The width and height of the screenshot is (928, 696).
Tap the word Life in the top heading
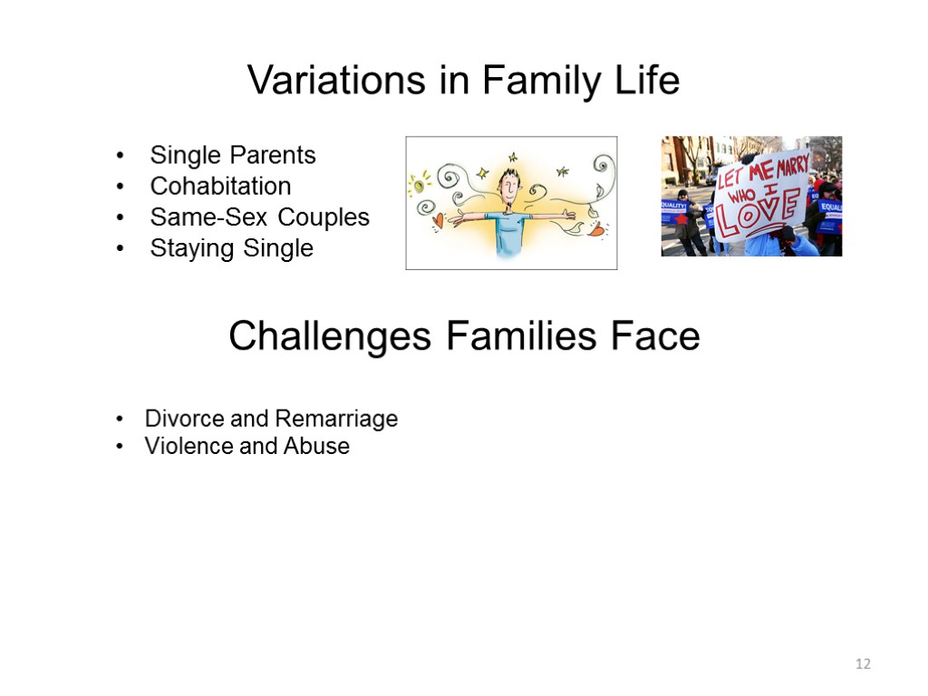pyautogui.click(x=647, y=82)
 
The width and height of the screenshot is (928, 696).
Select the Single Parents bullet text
pyautogui.click(x=233, y=155)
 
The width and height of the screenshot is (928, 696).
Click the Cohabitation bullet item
pyautogui.click(x=220, y=186)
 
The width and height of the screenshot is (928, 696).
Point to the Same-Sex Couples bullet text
pyautogui.click(x=259, y=217)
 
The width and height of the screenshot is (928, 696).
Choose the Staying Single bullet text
pyautogui.click(x=231, y=248)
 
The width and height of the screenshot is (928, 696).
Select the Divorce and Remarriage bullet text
pyautogui.click(x=271, y=419)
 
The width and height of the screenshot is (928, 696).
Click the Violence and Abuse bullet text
pyautogui.click(x=246, y=446)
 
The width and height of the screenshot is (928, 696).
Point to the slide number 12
pyautogui.click(x=862, y=664)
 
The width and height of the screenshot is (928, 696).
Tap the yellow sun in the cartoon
pyautogui.click(x=418, y=185)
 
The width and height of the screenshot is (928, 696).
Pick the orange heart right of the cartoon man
pyautogui.click(x=595, y=231)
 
